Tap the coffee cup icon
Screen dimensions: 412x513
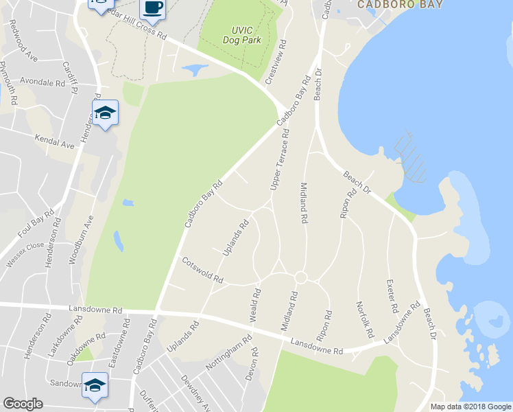click(x=152, y=9)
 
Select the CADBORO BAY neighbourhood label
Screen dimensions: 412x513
click(x=400, y=4)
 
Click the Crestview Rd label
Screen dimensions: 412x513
click(x=276, y=62)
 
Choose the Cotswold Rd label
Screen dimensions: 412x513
click(x=203, y=270)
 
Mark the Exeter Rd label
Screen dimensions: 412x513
click(x=391, y=296)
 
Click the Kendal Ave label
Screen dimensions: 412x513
click(x=54, y=141)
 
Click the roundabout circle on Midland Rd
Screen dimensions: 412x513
click(x=300, y=277)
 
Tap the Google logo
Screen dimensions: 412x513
click(x=23, y=404)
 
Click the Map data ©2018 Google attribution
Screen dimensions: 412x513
click(x=471, y=407)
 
